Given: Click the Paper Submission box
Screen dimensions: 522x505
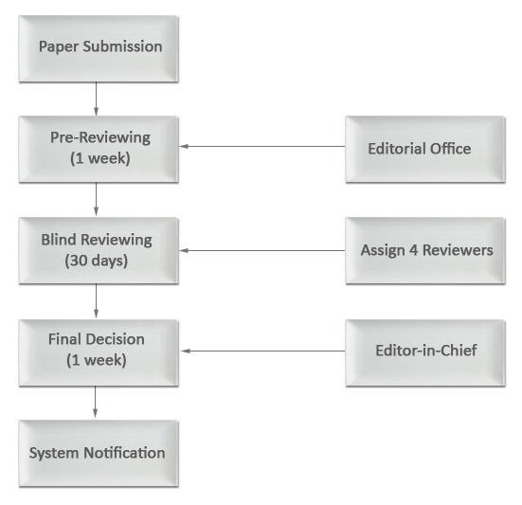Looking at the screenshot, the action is coord(99,48).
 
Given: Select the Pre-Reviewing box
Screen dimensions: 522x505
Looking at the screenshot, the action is coord(99,149).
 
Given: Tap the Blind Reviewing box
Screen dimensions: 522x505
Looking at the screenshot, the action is coord(99,251).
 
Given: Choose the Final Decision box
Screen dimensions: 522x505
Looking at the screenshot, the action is coord(99,352).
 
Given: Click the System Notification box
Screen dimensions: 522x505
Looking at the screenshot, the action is coord(99,454).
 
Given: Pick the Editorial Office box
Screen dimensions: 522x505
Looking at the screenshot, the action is coord(425,149).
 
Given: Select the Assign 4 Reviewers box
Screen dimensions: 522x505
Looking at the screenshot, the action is coord(425,251).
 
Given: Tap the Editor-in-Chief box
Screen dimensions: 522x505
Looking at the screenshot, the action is coord(425,352).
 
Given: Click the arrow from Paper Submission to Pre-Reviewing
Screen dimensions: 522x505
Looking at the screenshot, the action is coord(97,99).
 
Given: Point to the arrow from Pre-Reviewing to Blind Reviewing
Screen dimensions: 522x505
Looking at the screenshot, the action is coord(97,199).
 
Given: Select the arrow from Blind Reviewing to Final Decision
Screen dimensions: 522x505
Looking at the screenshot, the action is coord(97,301).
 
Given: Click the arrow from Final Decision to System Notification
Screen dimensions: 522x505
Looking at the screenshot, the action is coord(96,402).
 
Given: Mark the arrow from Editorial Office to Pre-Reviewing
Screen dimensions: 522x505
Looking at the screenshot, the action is coord(262,146).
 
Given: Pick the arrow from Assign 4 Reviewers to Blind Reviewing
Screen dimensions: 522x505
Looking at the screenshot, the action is coord(262,250).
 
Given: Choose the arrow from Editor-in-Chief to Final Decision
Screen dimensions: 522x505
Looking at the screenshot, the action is coord(263,351).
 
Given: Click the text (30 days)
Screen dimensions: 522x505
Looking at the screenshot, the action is coord(97,261).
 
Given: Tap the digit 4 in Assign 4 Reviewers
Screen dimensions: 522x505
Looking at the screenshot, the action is coord(413,250).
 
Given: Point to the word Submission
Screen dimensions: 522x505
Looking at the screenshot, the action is coord(122,45).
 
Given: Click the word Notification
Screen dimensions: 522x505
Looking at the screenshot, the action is coord(124,453).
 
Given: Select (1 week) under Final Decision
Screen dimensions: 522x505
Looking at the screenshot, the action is coord(97,360).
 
